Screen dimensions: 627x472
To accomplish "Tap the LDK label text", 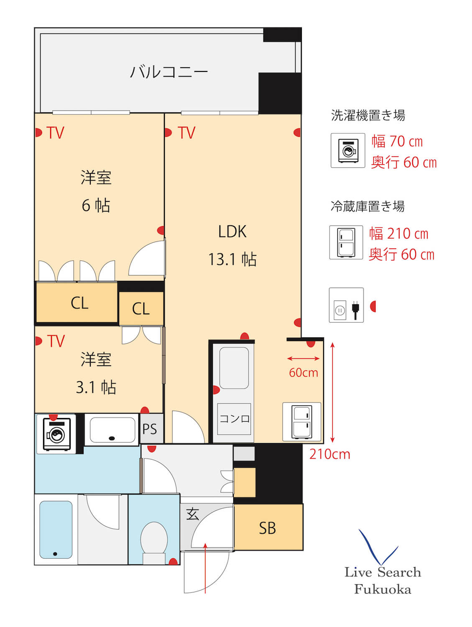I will [232, 232].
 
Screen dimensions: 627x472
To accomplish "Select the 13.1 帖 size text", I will [232, 260].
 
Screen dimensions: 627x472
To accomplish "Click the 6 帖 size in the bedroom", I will [96, 206].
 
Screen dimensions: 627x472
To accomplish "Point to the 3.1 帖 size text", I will [96, 387].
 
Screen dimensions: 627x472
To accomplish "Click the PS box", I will [150, 429].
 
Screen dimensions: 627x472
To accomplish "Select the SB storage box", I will [268, 528].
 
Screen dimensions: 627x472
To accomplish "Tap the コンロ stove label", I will [234, 418].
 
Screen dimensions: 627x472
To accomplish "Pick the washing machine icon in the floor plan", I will [56, 433].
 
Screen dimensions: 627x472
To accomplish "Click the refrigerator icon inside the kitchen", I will [301, 422].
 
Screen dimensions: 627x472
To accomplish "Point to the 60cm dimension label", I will [304, 372].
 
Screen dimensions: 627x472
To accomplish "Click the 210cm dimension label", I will [329, 454].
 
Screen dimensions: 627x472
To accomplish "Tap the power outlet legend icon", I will [346, 305].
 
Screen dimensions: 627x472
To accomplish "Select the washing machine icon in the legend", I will [348, 150].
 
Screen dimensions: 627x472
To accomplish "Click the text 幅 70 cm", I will [397, 142].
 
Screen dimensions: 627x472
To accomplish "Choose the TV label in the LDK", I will [186, 133].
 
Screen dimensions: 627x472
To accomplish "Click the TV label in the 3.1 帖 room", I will [56, 341].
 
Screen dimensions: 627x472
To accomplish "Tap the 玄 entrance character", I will [192, 514].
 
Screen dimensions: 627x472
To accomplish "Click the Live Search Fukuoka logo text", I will [383, 580].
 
